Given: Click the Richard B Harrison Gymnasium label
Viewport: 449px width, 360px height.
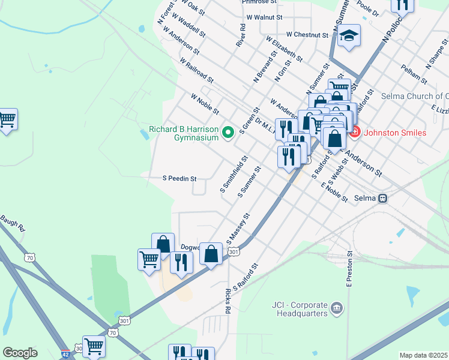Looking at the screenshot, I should [184, 133].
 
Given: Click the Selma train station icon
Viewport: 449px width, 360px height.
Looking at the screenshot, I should [382, 198].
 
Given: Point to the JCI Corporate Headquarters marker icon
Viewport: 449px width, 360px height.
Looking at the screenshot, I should [337, 309].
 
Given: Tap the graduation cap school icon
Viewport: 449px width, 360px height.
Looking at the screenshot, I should [348, 37].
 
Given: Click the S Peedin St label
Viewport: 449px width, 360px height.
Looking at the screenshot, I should [180, 179].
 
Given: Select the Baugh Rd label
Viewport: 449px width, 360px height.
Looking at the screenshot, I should [12, 222].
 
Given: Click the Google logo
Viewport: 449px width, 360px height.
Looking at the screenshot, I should [20, 353].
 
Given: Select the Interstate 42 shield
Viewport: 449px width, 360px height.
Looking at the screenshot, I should [65, 353].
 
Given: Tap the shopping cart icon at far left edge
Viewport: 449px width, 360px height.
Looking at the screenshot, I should [7, 120].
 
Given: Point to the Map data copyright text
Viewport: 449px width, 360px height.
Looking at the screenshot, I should [423, 355].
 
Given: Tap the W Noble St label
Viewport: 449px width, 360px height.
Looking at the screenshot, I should [205, 104].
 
